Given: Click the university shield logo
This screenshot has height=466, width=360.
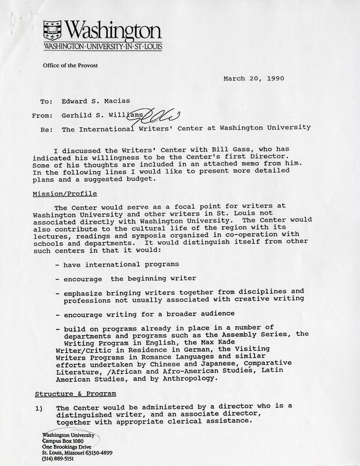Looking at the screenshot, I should (x=52, y=28).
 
